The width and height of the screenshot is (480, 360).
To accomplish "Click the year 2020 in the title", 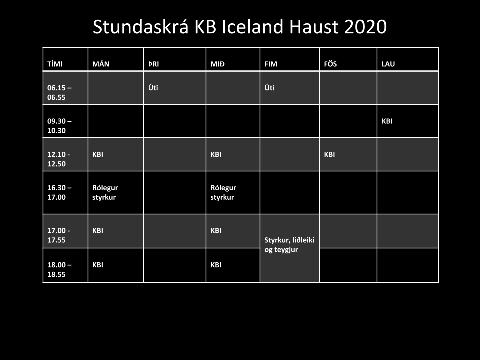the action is point(365,27).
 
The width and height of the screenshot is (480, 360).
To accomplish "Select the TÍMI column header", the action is point(55,64).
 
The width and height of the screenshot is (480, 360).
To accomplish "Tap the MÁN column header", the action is point(101,64).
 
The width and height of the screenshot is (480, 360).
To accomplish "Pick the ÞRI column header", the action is point(153,64).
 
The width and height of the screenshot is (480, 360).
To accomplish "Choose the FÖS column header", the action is point(330,64).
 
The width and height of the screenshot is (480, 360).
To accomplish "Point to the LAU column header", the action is point(388,64).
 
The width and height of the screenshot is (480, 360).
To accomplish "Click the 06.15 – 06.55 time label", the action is point(59,93).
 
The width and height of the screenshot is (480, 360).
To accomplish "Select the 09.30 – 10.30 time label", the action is point(59,126).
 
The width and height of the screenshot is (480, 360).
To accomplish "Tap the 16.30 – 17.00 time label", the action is point(59,192).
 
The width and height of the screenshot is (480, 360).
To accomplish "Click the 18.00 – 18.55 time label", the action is point(59,269).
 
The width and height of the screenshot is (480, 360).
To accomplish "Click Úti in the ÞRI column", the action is point(153,88).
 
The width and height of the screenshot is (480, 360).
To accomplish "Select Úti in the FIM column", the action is point(269,88).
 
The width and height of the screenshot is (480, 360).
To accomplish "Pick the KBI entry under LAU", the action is point(387,121).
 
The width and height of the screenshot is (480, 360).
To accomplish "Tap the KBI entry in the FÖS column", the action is point(329,154).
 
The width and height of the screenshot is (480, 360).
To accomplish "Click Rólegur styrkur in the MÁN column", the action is point(105,192).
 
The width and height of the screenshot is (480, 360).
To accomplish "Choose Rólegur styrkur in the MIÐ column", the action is point(223,192).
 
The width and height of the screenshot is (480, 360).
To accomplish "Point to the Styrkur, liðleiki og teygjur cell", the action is point(289,245).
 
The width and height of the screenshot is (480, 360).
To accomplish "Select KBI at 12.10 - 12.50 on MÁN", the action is point(98,154).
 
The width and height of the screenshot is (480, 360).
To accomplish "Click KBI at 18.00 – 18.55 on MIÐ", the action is point(216,265).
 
